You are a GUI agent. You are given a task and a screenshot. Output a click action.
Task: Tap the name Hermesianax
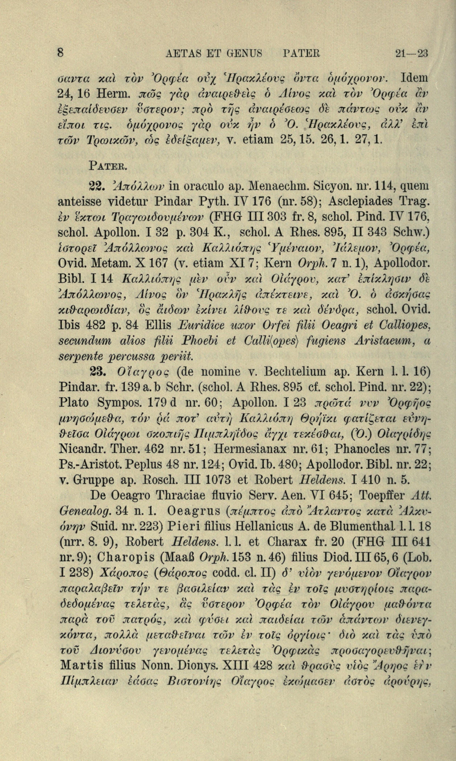(247, 450)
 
